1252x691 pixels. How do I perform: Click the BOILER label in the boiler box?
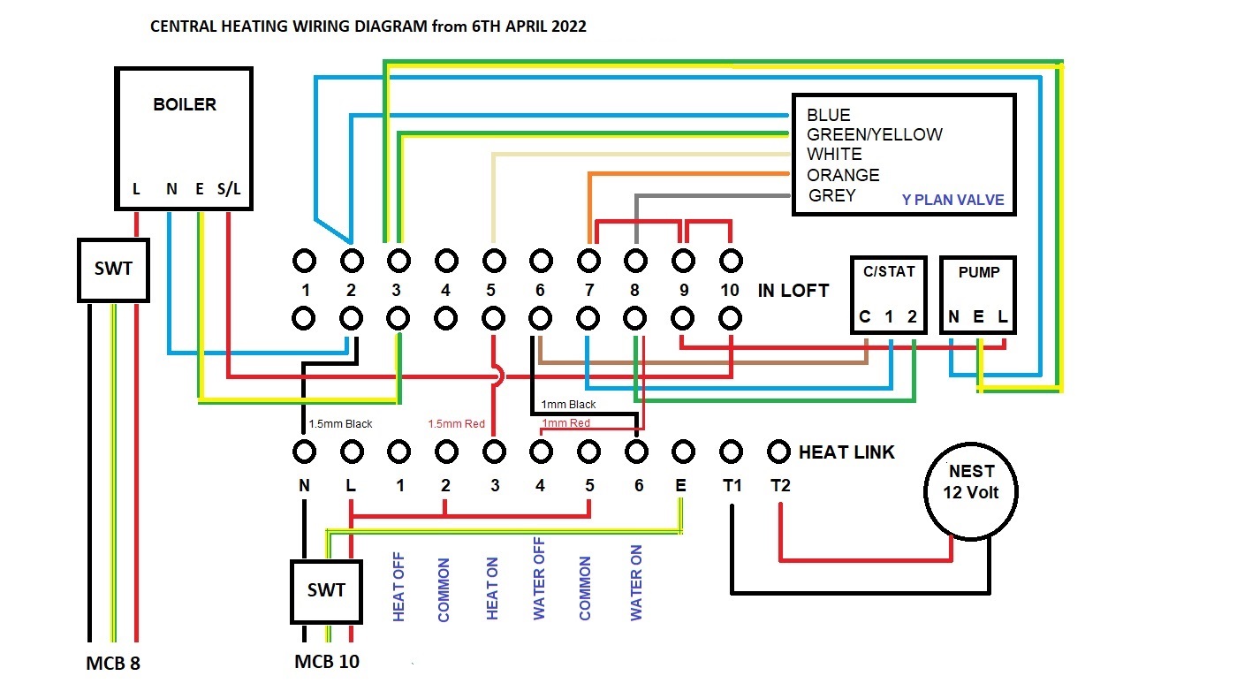pos(185,104)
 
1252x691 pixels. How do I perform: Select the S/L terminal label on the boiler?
pos(228,189)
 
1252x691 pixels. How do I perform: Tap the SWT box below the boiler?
pos(113,270)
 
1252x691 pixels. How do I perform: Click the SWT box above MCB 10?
pos(326,590)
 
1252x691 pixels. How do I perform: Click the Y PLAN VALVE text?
pos(952,200)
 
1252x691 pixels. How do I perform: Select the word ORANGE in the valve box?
pos(843,175)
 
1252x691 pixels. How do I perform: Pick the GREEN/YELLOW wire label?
pos(874,134)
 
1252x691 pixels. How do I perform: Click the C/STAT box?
pos(889,295)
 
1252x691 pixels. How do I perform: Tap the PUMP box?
pos(978,295)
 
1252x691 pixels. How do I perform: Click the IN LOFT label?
pos(793,290)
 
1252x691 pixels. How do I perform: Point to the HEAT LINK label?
pos(846,452)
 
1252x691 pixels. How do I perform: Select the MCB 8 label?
pos(113,663)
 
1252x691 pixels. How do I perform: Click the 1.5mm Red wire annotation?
pos(456,424)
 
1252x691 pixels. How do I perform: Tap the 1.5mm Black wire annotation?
pos(340,424)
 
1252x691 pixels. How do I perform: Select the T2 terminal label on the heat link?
pos(779,485)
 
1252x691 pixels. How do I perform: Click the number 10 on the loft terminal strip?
pos(729,290)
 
